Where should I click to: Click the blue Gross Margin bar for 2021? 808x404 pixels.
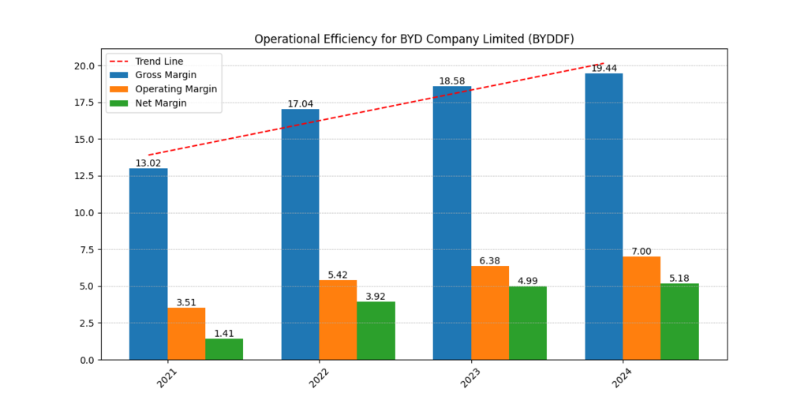point(148,264)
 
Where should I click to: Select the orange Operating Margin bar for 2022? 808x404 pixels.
point(338,320)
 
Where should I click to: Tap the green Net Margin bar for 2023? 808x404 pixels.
point(528,323)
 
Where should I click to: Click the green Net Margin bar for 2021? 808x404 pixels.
point(224,349)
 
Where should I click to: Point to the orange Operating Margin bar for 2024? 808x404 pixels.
point(642,308)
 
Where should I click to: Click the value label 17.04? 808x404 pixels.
point(300,103)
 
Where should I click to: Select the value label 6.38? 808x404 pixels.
point(490,260)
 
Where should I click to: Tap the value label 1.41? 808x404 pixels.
point(224,334)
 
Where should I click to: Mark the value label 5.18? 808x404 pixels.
point(679,279)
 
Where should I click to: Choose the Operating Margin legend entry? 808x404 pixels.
point(175,89)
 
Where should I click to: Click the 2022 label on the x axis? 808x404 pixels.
point(319,377)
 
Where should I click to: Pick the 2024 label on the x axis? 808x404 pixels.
point(623,377)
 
